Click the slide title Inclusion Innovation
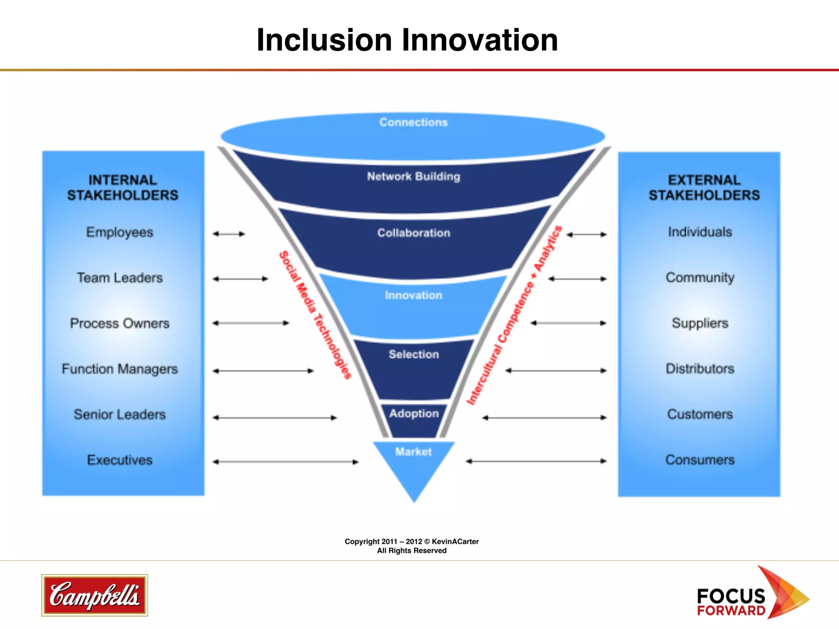[x=407, y=40]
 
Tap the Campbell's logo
[x=95, y=595]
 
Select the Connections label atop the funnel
[x=413, y=122]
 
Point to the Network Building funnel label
[x=413, y=176]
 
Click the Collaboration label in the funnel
[x=413, y=233]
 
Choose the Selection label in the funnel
[x=413, y=354]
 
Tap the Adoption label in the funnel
[x=414, y=414]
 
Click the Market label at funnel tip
[x=413, y=452]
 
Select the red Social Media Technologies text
[x=315, y=315]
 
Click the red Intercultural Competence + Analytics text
[x=515, y=315]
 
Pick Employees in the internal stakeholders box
[x=120, y=232]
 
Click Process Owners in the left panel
[x=120, y=324]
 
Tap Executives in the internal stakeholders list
[x=120, y=460]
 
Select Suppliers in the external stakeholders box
[x=700, y=324]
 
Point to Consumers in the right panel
[x=700, y=460]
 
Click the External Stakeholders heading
[x=704, y=188]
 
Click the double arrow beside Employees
[x=229, y=234]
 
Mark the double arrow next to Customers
[x=544, y=418]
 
